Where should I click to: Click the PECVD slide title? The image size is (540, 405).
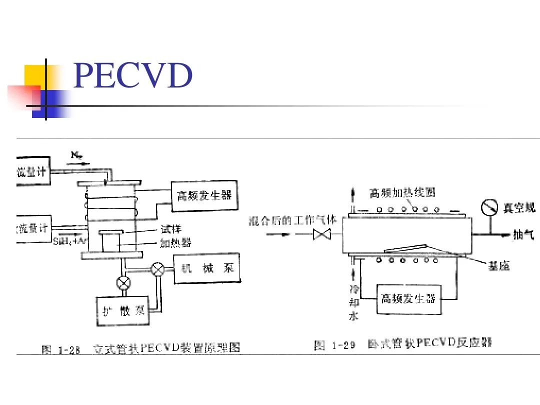(x=132, y=76)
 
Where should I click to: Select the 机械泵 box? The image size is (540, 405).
(x=207, y=269)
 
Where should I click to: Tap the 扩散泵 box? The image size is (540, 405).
(x=123, y=311)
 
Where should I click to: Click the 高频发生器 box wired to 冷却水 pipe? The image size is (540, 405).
(x=408, y=299)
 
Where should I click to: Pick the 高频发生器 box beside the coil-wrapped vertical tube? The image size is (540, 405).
(x=204, y=195)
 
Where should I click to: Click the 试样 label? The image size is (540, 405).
(x=170, y=229)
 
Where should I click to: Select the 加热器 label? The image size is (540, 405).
(x=175, y=243)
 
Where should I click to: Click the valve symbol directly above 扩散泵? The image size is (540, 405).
(x=123, y=283)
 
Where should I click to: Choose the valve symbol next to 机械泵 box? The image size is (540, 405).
(x=158, y=269)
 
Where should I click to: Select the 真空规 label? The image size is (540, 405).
(x=519, y=208)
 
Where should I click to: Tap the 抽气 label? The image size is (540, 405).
(x=523, y=234)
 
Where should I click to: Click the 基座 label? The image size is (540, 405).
(x=498, y=266)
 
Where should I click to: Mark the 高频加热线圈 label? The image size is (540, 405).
(x=402, y=192)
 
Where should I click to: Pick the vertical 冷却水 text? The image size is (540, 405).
(x=354, y=302)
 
